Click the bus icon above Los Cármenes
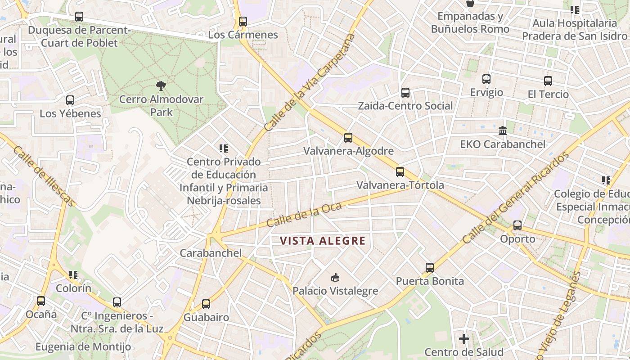coord(243,21)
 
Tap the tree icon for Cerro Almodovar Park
coord(161,86)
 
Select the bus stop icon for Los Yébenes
coord(70,100)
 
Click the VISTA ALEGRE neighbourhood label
coord(323,241)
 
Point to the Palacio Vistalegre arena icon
coord(335,277)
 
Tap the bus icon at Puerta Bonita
coord(430,268)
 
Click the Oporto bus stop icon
coord(517,225)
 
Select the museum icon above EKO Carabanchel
coord(503,131)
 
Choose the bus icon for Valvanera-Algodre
coord(348,138)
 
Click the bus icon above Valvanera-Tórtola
coord(400,172)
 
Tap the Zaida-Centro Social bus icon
coord(405,93)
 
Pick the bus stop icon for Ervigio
coord(486,79)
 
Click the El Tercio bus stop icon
coord(548,81)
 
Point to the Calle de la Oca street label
coord(304,215)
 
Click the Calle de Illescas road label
coord(44,176)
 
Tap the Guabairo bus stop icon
coord(206,304)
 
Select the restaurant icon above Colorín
coord(73,275)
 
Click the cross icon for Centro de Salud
coord(464,338)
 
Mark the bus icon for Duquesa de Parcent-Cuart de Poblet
coord(79,17)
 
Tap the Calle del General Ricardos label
coord(515,198)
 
